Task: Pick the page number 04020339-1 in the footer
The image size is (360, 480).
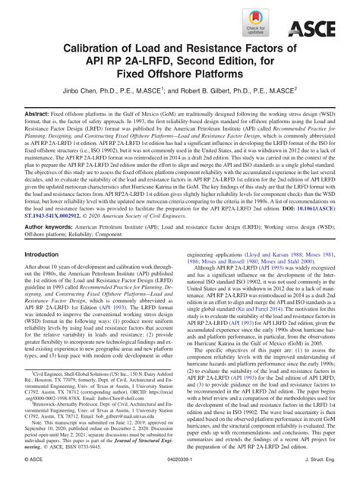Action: point(179,472)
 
